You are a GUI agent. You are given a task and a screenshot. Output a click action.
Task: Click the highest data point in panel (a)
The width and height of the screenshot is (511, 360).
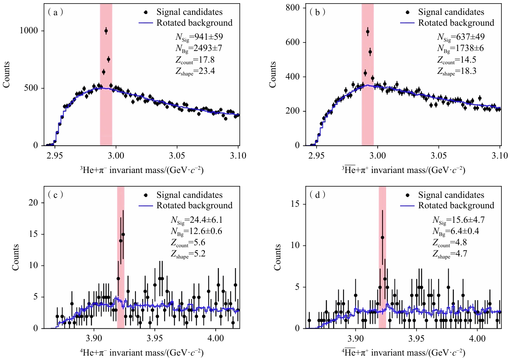[106, 31]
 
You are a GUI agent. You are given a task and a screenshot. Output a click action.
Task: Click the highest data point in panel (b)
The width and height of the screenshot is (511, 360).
[368, 31]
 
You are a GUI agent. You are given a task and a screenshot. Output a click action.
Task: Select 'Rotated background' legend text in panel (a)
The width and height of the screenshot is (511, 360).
[194, 23]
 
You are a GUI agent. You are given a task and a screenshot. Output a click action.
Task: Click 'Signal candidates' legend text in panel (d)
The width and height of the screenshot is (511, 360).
[451, 195]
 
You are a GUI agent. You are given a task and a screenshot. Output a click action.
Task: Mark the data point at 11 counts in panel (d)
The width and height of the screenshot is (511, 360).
[382, 237]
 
